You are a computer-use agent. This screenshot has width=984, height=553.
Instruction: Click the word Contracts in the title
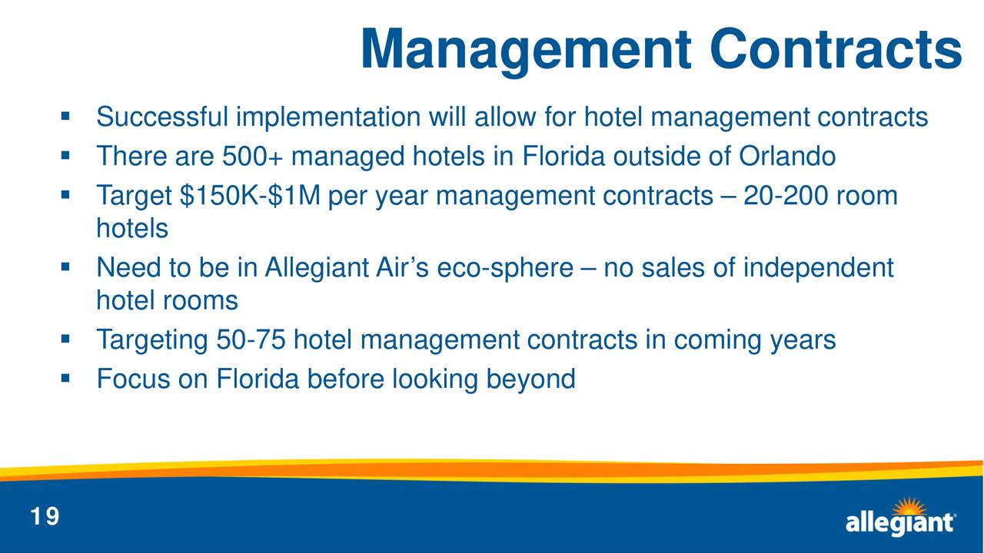pos(836,48)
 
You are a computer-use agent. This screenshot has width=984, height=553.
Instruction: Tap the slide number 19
pos(45,516)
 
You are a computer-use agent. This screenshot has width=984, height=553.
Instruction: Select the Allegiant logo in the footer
pos(900,517)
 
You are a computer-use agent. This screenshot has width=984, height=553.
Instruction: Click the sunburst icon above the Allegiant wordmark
pos(909,507)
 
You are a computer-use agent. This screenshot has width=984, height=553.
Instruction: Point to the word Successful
pos(162,117)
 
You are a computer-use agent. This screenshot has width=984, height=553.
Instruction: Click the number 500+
pos(253,156)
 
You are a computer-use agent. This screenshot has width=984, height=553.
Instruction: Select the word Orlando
pos(787,156)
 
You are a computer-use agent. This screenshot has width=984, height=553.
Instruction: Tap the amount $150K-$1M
pos(250,195)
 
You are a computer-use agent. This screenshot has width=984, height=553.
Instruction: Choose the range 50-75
pos(251,339)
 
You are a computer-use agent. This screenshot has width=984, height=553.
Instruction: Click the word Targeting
pos(152,340)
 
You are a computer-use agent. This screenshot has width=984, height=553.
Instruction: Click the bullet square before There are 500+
pos(65,155)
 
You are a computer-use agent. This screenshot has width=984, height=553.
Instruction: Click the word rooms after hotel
pos(201,301)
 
